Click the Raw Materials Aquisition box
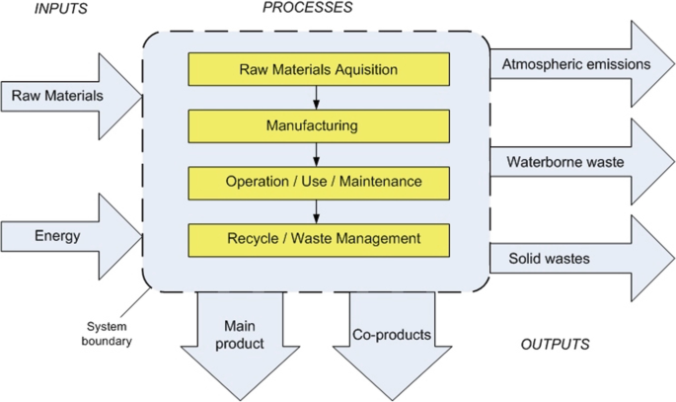[x=318, y=69]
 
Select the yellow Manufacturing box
[x=318, y=125]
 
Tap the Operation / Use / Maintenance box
[x=318, y=182]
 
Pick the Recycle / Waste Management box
[x=318, y=238]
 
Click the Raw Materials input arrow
[x=69, y=96]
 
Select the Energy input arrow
[x=69, y=236]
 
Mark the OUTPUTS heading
[x=555, y=345]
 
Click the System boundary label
[x=108, y=334]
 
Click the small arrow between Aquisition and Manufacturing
[x=316, y=98]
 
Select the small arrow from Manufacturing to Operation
[x=316, y=154]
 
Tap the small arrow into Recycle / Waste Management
[x=316, y=210]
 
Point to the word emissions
[x=612, y=64]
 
